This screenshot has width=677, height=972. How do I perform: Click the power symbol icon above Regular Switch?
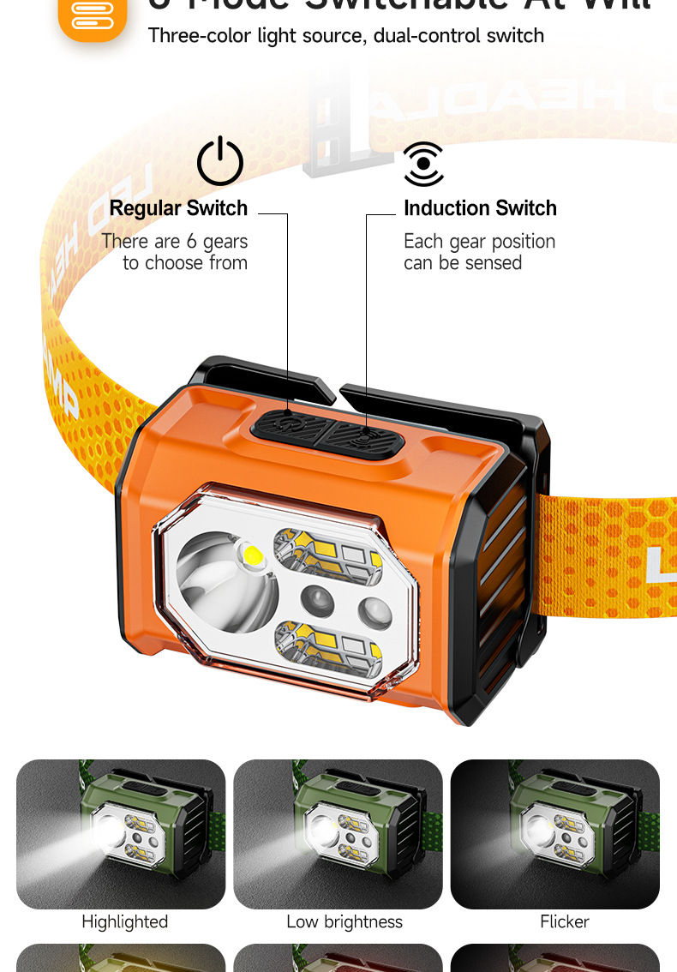pos(220,161)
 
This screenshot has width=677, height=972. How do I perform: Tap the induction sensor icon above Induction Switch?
pos(423,164)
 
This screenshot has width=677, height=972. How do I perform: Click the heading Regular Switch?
pos(178,208)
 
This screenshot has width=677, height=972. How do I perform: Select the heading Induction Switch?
pos(480,208)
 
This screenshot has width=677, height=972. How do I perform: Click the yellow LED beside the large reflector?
pos(253,555)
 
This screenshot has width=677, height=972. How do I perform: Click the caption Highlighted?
pos(124,921)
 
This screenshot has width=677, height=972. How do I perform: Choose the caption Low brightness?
pos(344,921)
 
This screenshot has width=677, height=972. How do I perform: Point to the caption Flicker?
pos(565,921)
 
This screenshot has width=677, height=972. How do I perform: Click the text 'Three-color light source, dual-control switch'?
pos(346,36)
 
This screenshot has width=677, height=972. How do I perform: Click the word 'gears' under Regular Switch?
pos(225,242)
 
